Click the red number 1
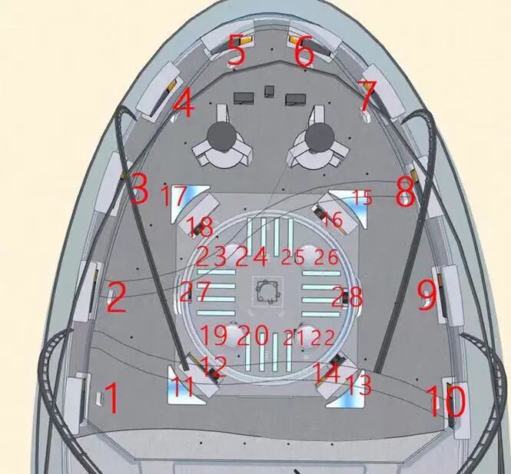point(111,399)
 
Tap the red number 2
point(115,297)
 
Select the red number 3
point(139,189)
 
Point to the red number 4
point(184,103)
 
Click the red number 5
point(237,52)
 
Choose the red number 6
point(304,52)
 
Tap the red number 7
point(367,96)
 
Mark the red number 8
point(405,192)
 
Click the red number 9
point(426,294)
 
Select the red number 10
point(445,400)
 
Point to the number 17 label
point(173,196)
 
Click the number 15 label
point(361,197)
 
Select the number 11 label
point(182,386)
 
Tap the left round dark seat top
point(224,138)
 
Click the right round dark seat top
point(317,138)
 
